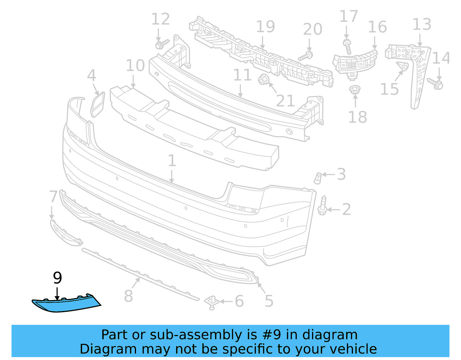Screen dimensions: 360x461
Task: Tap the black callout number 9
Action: pos(58,278)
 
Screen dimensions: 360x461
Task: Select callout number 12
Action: pos(160,20)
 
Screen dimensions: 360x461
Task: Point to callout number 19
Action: pos(265,27)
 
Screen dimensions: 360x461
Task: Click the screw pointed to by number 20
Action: pos(306,56)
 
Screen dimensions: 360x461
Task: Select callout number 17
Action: pos(349,16)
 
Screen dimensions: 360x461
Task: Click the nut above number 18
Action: pos(354,90)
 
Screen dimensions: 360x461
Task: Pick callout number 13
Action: pos(422,24)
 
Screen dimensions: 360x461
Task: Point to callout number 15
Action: pos(389,89)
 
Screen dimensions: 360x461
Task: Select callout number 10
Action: pos(135,66)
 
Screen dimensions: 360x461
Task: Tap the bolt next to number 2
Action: pos(322,206)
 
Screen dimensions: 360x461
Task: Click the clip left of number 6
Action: pos(212,302)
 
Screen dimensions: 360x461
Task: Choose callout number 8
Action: pos(129,296)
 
